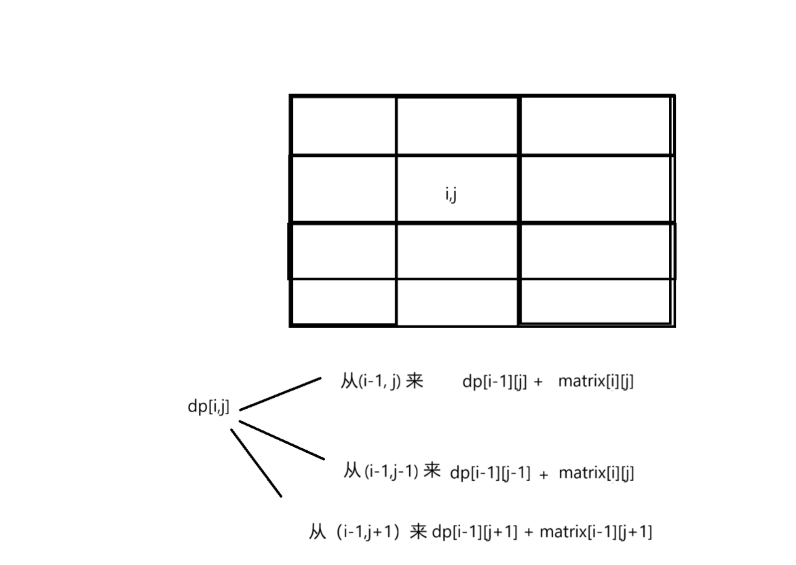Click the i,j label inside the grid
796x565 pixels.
pyautogui.click(x=449, y=196)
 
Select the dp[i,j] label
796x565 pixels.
pyautogui.click(x=208, y=407)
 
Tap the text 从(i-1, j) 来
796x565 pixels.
pyautogui.click(x=381, y=382)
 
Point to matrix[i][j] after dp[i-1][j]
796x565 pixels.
pyautogui.click(x=596, y=382)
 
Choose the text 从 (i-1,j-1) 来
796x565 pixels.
pyautogui.click(x=392, y=471)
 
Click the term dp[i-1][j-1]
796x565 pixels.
pyautogui.click(x=490, y=473)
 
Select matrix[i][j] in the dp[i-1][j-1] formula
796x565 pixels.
pyautogui.click(x=596, y=473)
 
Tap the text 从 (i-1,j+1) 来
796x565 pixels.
pyautogui.click(x=367, y=532)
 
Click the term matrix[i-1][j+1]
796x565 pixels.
pyautogui.click(x=596, y=532)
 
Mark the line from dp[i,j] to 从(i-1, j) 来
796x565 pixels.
pyautogui.click(x=280, y=394)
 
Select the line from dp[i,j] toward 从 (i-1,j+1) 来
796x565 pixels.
pyautogui.click(x=256, y=462)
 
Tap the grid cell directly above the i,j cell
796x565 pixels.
pyautogui.click(x=457, y=126)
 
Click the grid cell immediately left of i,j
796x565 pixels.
pyautogui.click(x=343, y=189)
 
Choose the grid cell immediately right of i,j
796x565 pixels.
pyautogui.click(x=596, y=189)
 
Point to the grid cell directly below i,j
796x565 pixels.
pyautogui.click(x=457, y=250)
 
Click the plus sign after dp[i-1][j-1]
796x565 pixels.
pyautogui.click(x=544, y=475)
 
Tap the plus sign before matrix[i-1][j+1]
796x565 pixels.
pyautogui.click(x=528, y=533)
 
